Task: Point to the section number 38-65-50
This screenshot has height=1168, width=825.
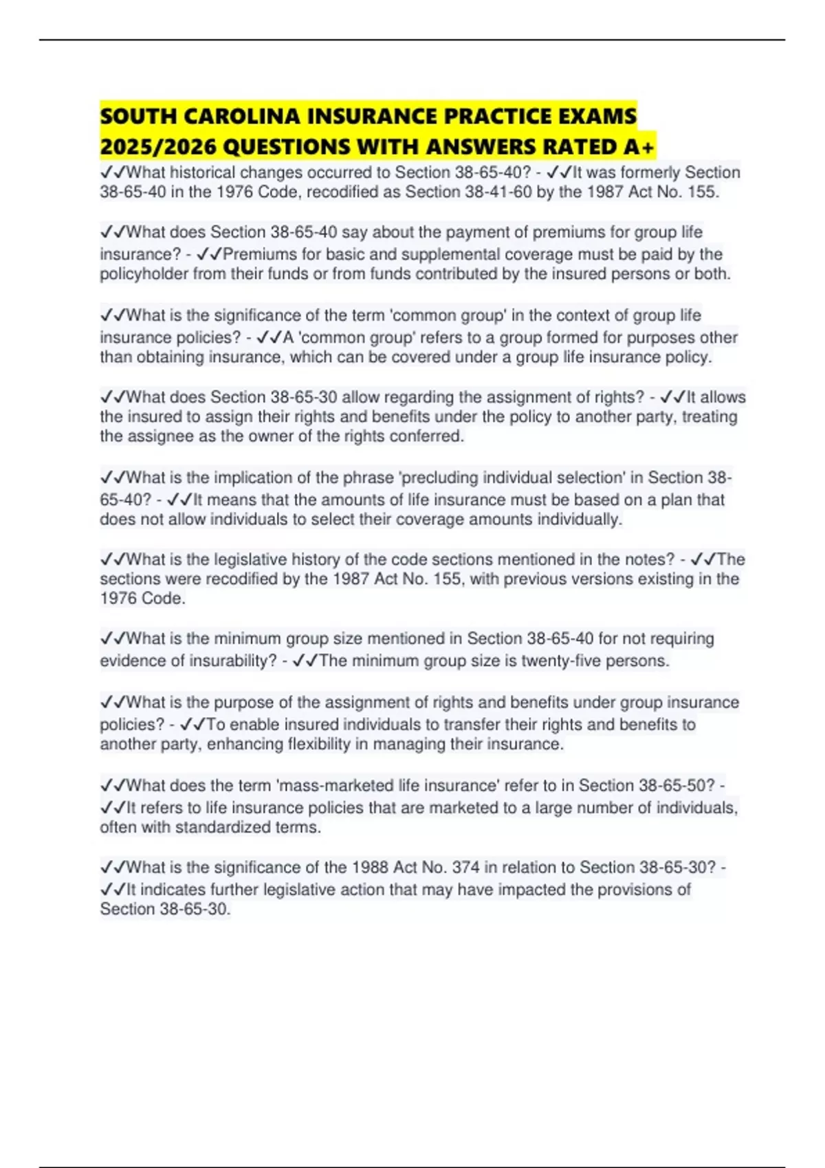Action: click(677, 785)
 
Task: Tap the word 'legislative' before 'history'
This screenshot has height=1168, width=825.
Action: click(251, 559)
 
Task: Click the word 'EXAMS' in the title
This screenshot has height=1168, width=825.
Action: click(599, 116)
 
